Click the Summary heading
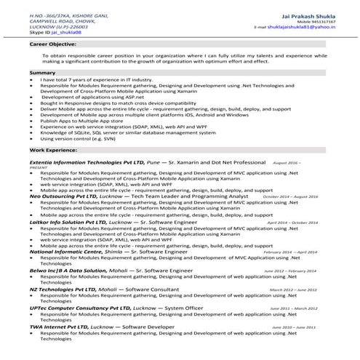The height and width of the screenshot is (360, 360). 42,73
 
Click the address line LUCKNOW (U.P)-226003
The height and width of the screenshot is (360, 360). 55,27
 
